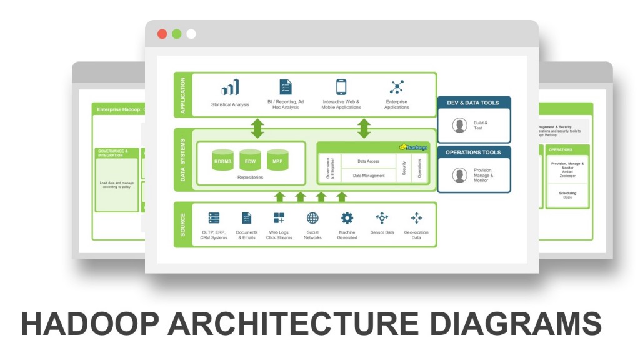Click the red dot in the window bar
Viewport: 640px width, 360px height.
162,34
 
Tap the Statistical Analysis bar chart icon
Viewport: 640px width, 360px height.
229,87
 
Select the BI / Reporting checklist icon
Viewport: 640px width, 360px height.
286,87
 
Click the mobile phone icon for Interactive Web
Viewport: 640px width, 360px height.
341,87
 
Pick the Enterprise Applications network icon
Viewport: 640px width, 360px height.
396,87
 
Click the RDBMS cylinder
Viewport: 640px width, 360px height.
223,161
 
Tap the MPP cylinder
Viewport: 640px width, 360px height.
278,161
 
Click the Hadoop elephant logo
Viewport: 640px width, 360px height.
413,147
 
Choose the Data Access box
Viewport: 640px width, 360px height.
368,161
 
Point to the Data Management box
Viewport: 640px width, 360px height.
368,176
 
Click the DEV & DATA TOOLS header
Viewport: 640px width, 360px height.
474,102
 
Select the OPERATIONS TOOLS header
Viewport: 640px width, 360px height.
474,152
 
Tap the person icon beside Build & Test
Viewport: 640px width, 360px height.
460,125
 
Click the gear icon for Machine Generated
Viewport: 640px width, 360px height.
347,218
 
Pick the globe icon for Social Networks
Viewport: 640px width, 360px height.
312,218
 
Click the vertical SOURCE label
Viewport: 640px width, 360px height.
182,224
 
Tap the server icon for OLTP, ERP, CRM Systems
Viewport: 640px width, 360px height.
214,218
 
